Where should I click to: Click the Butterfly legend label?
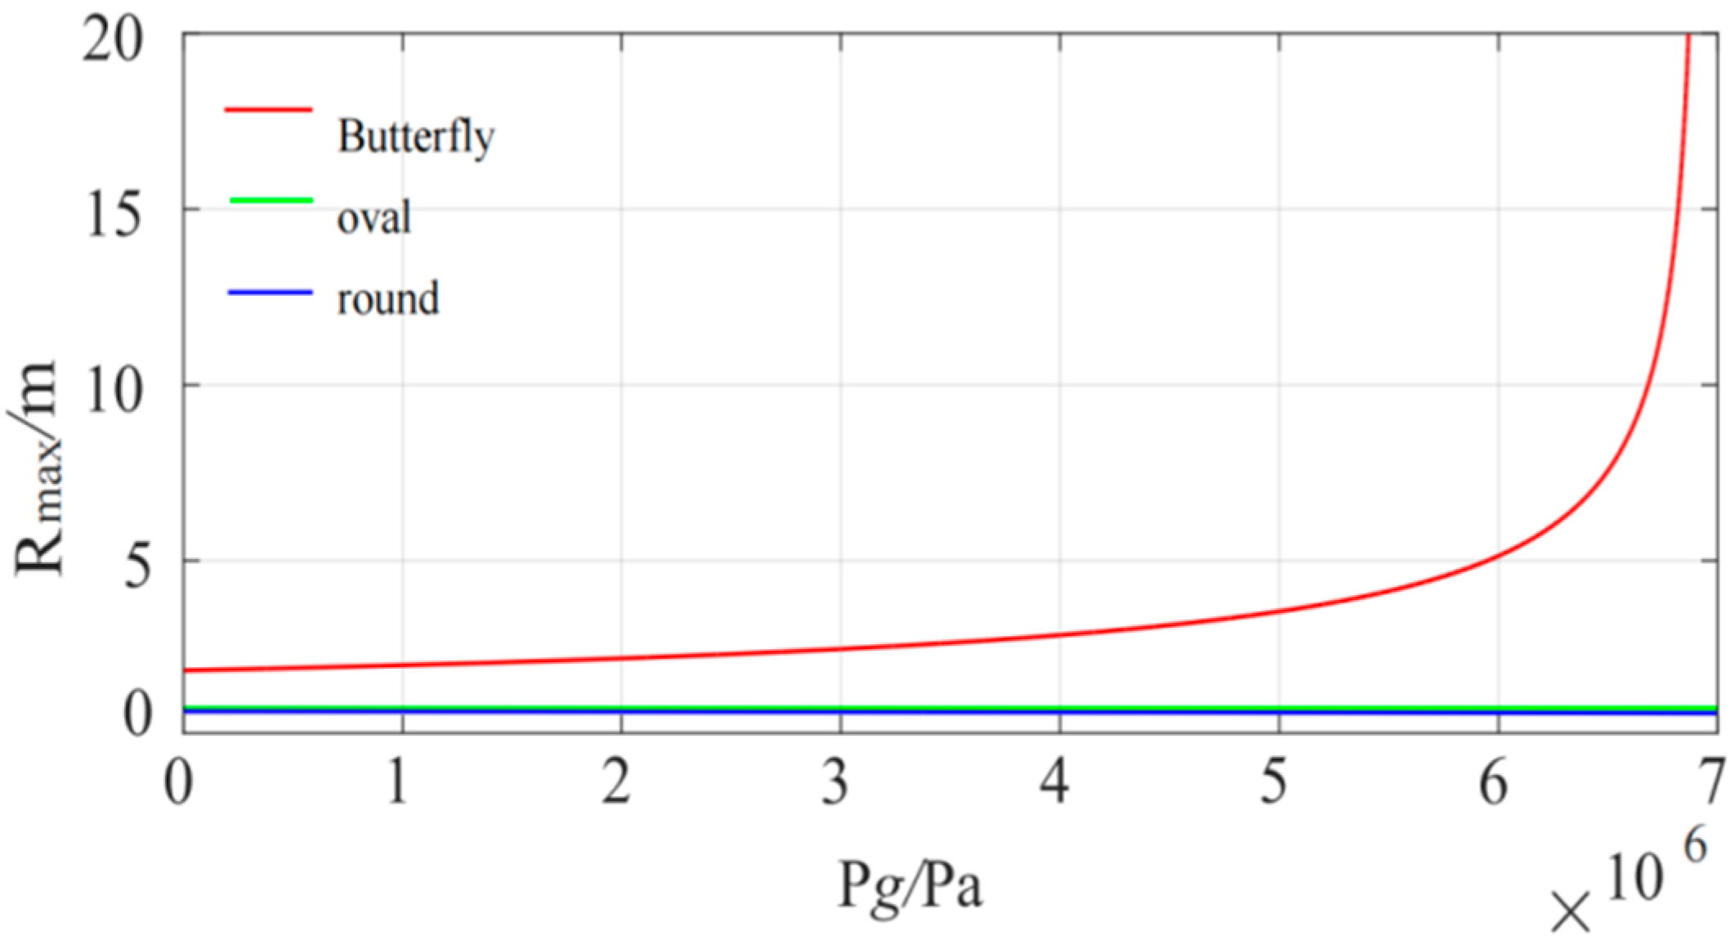(x=415, y=137)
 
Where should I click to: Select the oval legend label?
(x=373, y=217)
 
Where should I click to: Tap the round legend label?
(x=388, y=298)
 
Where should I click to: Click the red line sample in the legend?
(x=269, y=108)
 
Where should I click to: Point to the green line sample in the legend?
(x=269, y=200)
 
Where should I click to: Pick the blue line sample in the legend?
(x=269, y=293)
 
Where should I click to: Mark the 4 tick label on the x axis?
(x=1057, y=781)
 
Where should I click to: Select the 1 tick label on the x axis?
(x=399, y=781)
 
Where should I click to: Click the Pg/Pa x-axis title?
(x=909, y=886)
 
